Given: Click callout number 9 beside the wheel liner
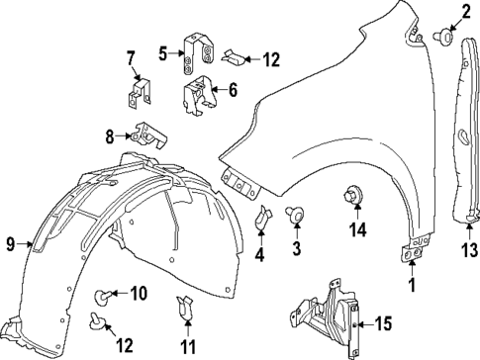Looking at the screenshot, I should tap(11, 243).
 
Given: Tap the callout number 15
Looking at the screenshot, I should tap(385, 323).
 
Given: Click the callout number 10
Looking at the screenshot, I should tap(138, 293).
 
